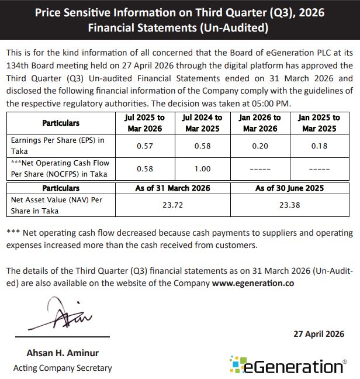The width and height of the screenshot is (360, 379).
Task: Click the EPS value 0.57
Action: pyautogui.click(x=145, y=146)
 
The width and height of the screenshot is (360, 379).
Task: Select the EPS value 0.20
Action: pyautogui.click(x=260, y=146)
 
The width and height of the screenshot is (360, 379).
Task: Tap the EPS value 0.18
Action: pyautogui.click(x=319, y=146)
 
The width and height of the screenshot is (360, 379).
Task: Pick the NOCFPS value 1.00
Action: pyautogui.click(x=202, y=168)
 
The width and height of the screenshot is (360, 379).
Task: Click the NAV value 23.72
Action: pyautogui.click(x=174, y=205)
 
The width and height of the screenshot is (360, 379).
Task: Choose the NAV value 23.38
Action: pyautogui.click(x=289, y=205)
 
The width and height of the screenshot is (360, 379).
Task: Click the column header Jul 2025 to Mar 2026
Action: pyautogui.click(x=145, y=123)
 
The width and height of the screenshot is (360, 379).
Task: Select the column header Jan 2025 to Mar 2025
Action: pyautogui.click(x=319, y=123)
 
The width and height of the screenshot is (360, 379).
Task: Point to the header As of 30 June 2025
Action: pyautogui.click(x=289, y=188)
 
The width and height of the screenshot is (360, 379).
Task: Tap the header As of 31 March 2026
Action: pyautogui.click(x=174, y=188)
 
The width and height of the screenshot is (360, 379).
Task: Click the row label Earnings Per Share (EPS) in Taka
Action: pyautogui.click(x=58, y=145)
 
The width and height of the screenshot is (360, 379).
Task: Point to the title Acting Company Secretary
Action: pyautogui.click(x=63, y=368)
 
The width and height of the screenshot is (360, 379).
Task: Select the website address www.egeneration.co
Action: pyautogui.click(x=253, y=282)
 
